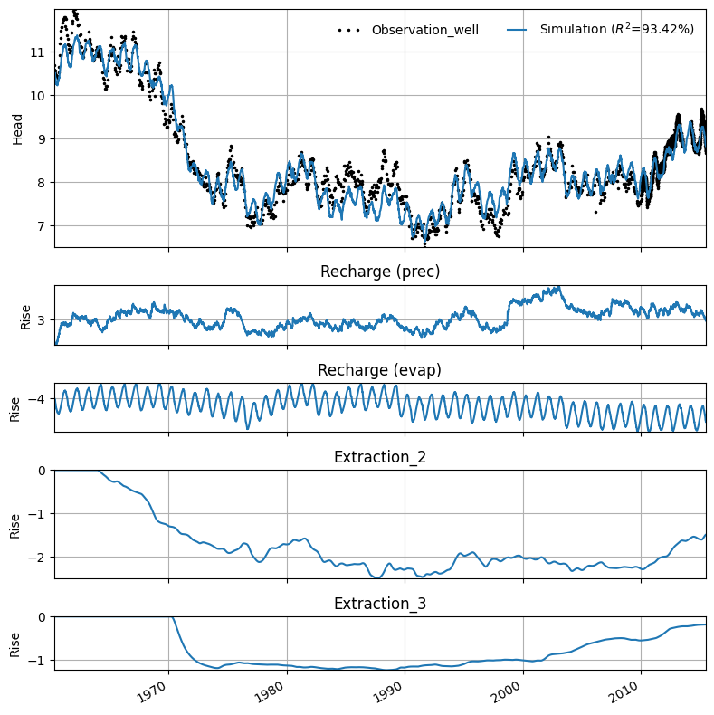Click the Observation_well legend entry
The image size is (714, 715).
408,30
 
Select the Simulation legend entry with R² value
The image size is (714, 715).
601,29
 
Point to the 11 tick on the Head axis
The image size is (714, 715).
38,52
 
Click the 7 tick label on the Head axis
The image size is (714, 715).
42,226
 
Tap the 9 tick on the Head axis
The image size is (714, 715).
42,139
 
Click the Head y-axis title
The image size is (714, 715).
17,129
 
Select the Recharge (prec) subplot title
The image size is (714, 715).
380,272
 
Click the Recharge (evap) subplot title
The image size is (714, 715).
379,370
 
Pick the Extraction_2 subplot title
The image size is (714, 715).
380,457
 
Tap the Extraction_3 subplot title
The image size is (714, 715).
380,604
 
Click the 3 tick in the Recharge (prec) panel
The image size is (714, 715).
42,320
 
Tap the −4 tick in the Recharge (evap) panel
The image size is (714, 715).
37,399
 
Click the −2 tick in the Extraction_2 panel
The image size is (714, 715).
37,558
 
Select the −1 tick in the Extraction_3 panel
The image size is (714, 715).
37,661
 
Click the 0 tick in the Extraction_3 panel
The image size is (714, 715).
42,617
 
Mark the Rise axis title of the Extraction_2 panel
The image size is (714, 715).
15,526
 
